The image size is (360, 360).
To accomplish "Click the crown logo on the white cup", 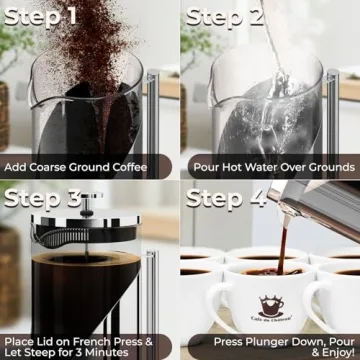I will click(268, 303).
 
